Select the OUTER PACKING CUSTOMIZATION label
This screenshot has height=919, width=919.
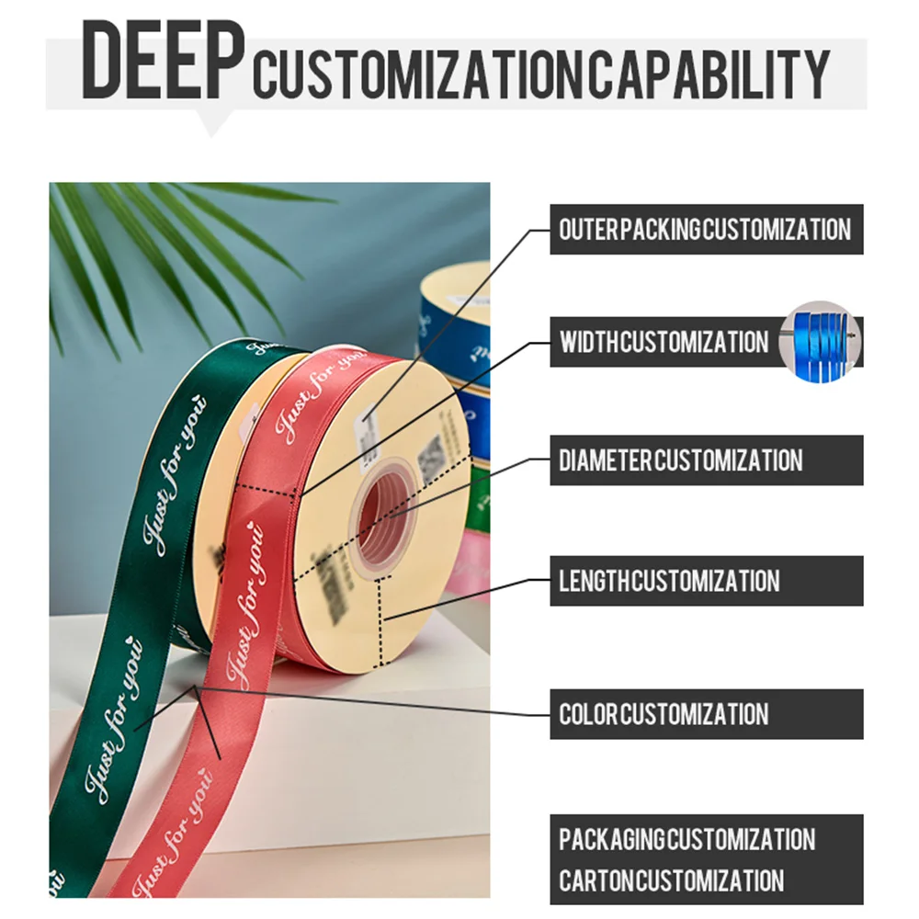pyautogui.click(x=706, y=229)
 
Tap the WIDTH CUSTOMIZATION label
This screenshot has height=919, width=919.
pyautogui.click(x=664, y=343)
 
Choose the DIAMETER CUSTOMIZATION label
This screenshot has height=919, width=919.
pyautogui.click(x=680, y=460)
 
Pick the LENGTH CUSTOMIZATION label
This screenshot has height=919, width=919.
pyautogui.click(x=669, y=581)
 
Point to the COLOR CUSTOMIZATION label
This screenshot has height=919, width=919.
pyautogui.click(x=664, y=714)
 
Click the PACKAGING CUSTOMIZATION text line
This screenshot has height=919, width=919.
pyautogui.click(x=686, y=839)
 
